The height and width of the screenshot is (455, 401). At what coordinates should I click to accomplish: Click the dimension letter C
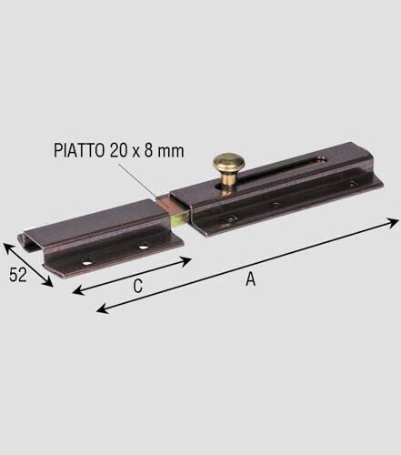(x=136, y=286)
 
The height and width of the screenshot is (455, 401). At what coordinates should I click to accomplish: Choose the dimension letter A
(x=249, y=279)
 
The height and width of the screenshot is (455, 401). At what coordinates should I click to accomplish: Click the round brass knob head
(x=226, y=165)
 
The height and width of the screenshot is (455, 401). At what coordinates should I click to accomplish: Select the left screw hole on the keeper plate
(x=87, y=262)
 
